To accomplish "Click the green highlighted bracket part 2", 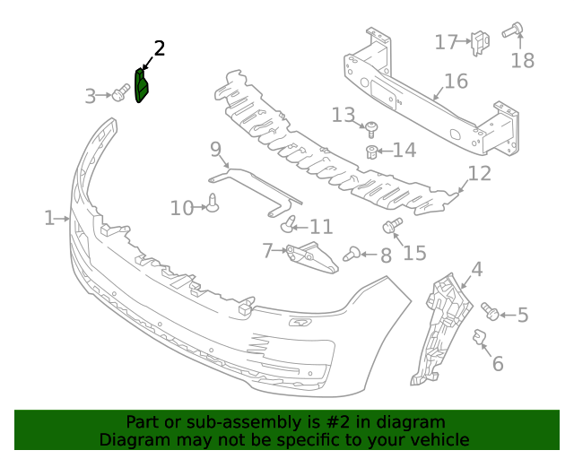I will point(142,86).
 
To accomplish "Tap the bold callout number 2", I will point(159,48).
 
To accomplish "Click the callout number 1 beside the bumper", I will point(49,218).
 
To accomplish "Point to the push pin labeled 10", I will point(213,204).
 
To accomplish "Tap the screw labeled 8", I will point(352,255).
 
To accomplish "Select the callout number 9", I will point(215,148).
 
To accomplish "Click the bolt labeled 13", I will point(372,127).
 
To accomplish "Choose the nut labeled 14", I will point(370,150).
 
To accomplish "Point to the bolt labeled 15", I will point(393,225).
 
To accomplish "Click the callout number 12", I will point(480,173).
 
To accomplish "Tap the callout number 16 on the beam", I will point(456,82).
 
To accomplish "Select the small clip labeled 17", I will point(480,40).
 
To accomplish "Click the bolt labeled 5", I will point(490,311).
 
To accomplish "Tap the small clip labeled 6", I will point(480,338).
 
